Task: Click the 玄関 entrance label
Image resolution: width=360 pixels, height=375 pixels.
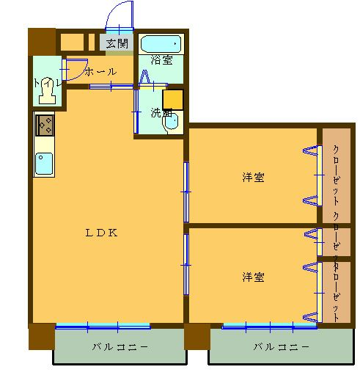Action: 117,43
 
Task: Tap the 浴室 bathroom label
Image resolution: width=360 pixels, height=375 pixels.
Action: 162,60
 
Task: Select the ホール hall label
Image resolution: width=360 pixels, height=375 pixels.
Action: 100,72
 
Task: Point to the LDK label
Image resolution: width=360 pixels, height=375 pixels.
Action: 102,233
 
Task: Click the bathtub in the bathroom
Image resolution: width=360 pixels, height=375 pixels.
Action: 163,43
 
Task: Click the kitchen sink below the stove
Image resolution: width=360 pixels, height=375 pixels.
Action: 44,164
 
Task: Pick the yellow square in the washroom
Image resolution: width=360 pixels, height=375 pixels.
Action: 172,98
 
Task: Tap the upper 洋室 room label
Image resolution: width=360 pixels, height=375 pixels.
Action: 254,177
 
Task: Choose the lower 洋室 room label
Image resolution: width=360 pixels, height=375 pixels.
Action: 254,277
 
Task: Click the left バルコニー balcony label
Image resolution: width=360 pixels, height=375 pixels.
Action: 120,346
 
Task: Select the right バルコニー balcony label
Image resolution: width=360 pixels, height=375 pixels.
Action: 282,346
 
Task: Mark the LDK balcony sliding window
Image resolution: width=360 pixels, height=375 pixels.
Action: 103,326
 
